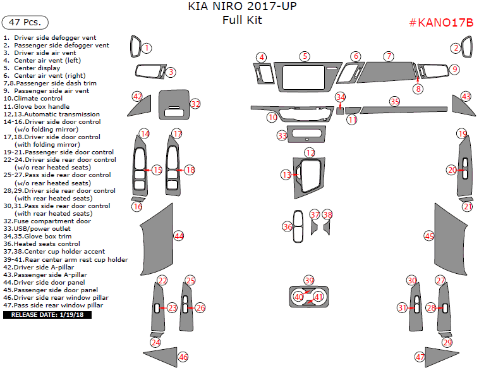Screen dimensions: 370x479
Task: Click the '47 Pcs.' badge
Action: (26, 22)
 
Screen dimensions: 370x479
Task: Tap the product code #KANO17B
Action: (441, 23)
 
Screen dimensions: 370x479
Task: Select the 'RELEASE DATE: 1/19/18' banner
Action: (47, 314)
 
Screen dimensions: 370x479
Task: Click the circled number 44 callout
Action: (179, 236)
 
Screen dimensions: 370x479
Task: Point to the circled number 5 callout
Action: (305, 56)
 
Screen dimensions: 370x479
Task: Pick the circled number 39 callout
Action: (308, 280)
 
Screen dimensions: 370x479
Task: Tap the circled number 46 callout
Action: (183, 357)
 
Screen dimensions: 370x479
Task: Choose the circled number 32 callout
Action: (195, 104)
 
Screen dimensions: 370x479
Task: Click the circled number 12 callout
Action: (310, 152)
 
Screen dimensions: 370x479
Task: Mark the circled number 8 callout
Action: (418, 89)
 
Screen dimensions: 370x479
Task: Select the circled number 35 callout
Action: (395, 101)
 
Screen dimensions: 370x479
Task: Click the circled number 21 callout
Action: (467, 206)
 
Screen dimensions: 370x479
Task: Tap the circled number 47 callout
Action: (419, 357)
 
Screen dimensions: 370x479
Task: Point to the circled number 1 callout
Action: (147, 48)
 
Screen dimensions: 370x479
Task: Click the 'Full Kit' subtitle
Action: (242, 20)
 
